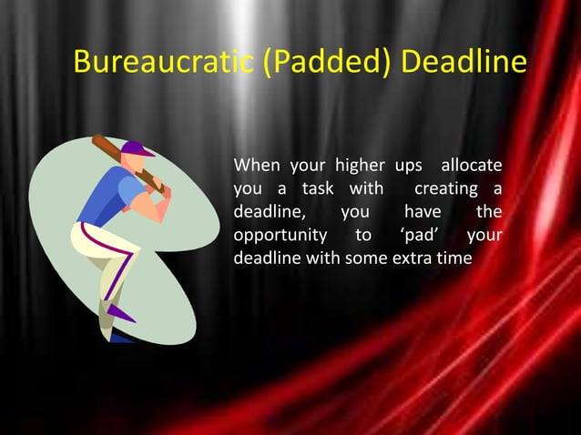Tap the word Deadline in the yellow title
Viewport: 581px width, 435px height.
point(464,64)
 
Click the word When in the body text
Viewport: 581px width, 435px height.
point(257,167)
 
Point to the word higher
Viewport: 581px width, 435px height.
point(360,167)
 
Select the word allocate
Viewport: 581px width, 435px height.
point(471,167)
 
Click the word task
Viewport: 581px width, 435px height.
point(317,189)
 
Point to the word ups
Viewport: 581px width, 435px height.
point(408,167)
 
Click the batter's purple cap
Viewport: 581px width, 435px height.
point(136,149)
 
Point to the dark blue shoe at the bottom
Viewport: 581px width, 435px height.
point(119,338)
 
